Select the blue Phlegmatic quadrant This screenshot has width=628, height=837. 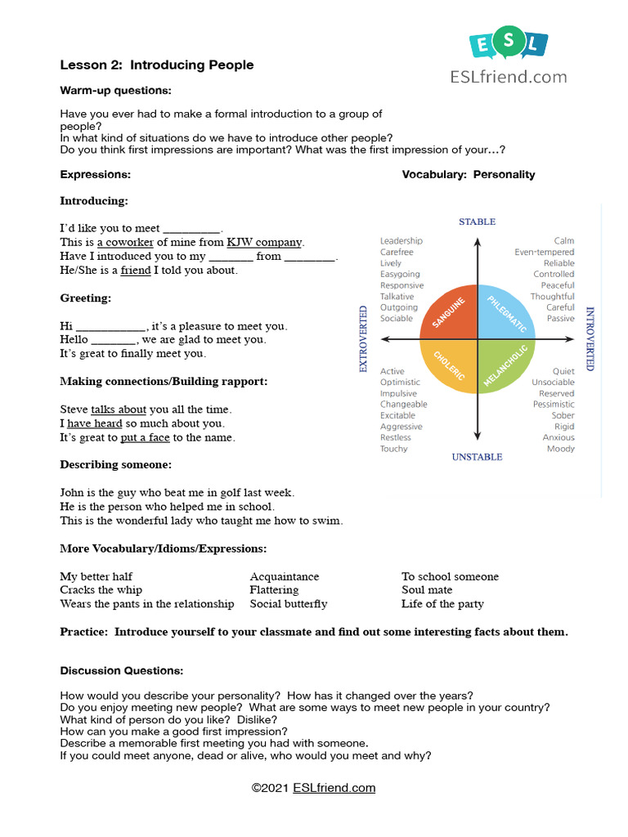coord(503,315)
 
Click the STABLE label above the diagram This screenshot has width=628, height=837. coord(477,222)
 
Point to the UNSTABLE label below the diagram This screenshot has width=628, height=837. coord(477,457)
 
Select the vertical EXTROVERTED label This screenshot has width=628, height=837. coord(364,339)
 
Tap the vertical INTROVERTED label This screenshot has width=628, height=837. coord(590,339)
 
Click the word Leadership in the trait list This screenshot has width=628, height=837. coord(401,241)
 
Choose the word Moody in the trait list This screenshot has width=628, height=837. coord(560,449)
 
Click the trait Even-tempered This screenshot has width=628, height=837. coord(544,253)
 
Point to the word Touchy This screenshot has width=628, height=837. coord(393,449)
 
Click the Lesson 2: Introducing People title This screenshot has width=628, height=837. coord(157,65)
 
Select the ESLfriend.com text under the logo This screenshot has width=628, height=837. coord(508,77)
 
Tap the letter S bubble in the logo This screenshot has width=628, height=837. coord(509,44)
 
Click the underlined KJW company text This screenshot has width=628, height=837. coord(264,243)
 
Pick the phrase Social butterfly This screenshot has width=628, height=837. coord(289,604)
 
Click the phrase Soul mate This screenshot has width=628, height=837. coord(427,590)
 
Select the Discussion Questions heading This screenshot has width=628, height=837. coord(122,671)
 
